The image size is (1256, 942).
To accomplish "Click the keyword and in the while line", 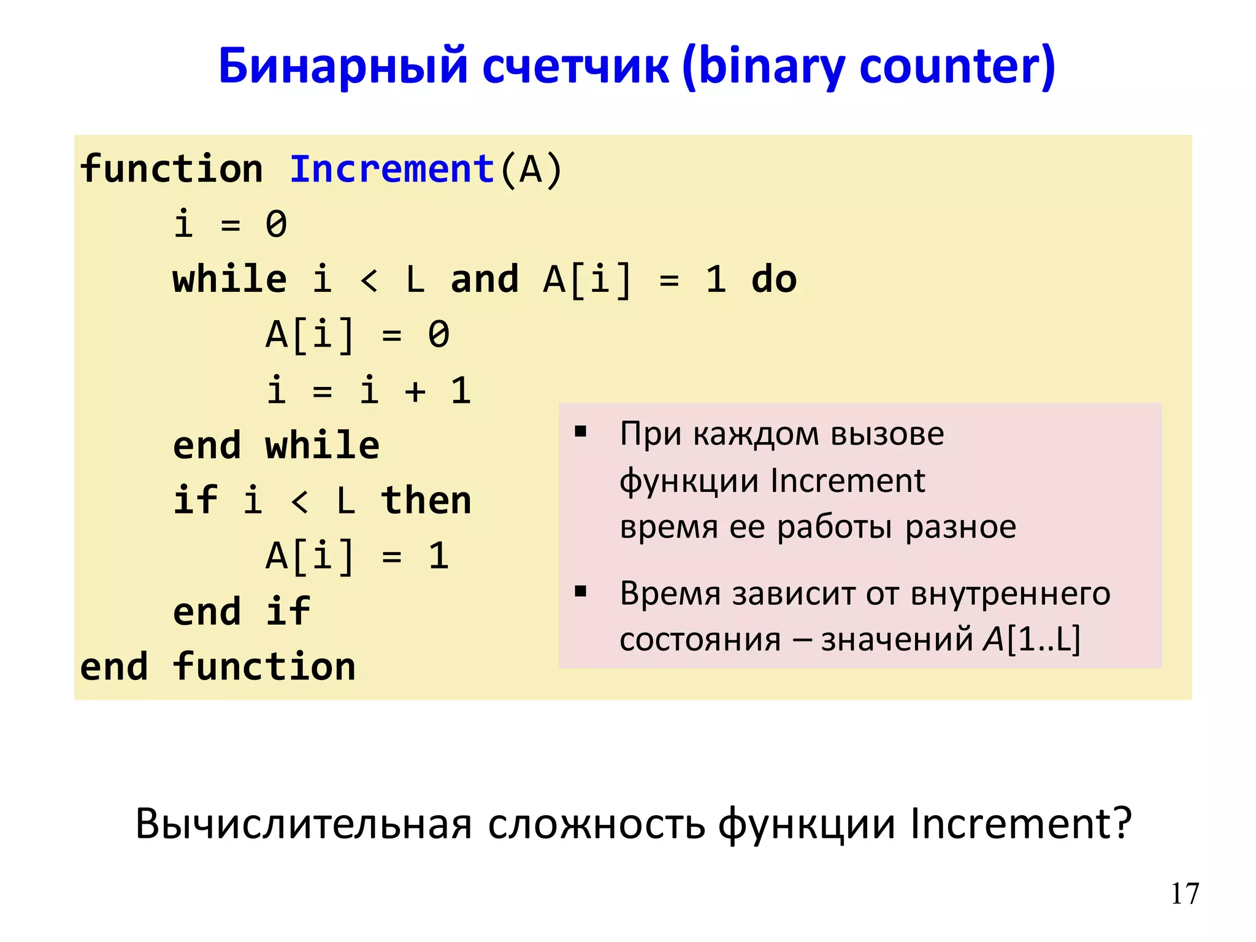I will click(484, 280).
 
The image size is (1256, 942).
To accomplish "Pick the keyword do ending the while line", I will click(773, 280).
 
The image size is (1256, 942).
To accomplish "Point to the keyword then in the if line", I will click(426, 500).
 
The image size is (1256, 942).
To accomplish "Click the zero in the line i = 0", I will click(276, 224).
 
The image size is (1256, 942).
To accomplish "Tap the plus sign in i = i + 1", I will click(415, 391).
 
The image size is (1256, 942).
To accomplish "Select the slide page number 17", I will click(1184, 894).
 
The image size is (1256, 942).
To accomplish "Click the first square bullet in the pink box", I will click(580, 432).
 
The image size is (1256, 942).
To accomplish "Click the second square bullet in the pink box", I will click(580, 592).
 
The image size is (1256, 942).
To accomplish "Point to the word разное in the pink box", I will click(960, 527).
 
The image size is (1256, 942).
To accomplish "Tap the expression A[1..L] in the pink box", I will click(1032, 639).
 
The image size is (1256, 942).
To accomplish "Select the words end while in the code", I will click(276, 446).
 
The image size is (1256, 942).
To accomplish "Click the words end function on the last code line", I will click(218, 667).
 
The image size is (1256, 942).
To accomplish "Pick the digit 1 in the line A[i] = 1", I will click(438, 556).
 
